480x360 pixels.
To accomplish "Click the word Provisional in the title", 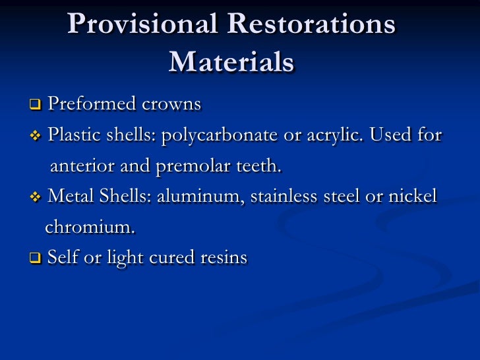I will [142, 25].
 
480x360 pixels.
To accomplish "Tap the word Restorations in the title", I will [311, 25].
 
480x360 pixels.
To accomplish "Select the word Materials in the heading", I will [231, 62].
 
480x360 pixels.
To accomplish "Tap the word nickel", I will [414, 197].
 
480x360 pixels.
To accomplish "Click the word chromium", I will [90, 227].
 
